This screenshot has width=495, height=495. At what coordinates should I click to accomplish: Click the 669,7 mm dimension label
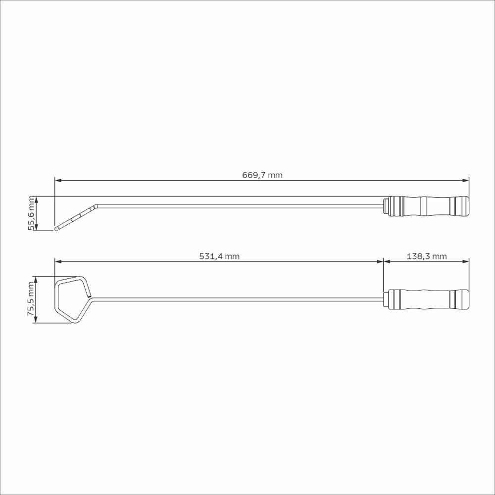(x=262, y=175)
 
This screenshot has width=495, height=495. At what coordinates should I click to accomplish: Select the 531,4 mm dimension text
(x=219, y=256)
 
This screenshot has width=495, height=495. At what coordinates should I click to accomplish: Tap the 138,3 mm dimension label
(x=427, y=256)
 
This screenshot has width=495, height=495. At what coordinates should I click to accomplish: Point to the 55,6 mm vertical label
(x=31, y=213)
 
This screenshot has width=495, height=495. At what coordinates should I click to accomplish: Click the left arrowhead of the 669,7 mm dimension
(x=58, y=181)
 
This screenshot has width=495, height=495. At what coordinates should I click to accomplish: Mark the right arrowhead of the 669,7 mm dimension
(x=466, y=181)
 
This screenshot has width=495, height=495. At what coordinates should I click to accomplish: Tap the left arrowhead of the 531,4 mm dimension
(x=58, y=261)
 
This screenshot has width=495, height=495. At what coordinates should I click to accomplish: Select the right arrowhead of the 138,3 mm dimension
(x=466, y=261)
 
